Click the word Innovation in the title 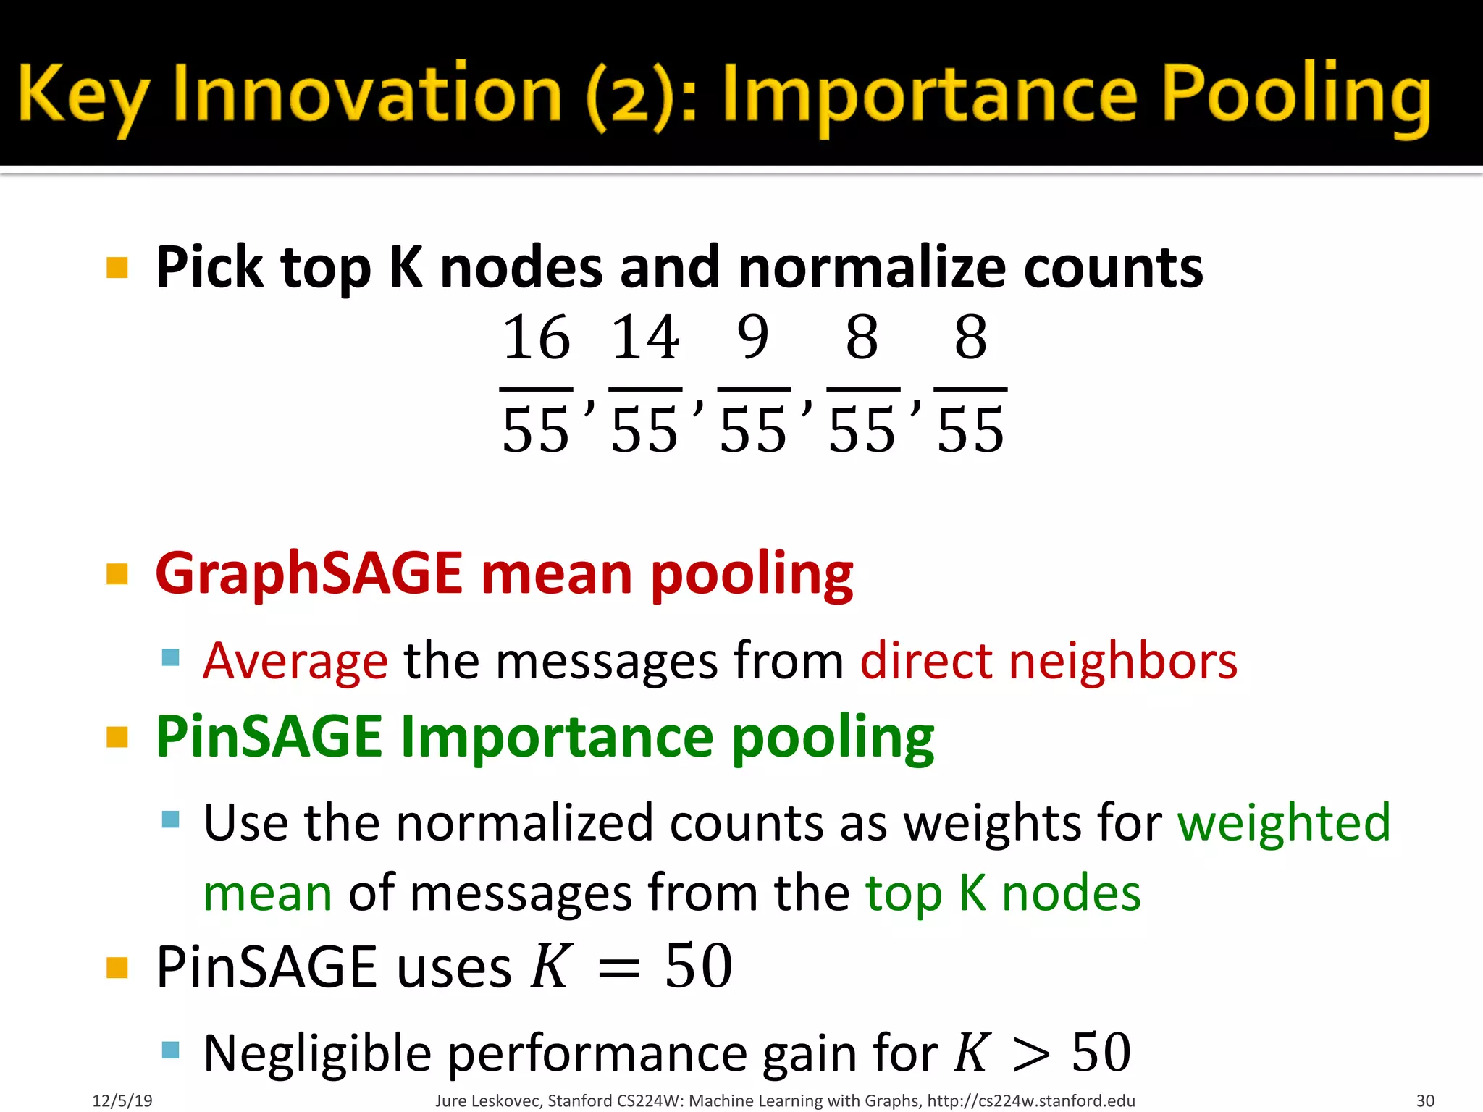pyautogui.click(x=368, y=94)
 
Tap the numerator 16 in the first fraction pyautogui.click(x=536, y=337)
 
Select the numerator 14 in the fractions pyautogui.click(x=644, y=337)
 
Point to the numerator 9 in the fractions pyautogui.click(x=753, y=337)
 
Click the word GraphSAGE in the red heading pyautogui.click(x=309, y=573)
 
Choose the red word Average pyautogui.click(x=295, y=661)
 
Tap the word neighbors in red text pyautogui.click(x=1123, y=661)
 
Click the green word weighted pyautogui.click(x=1284, y=823)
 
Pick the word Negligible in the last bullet pyautogui.click(x=318, y=1053)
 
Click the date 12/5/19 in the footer pyautogui.click(x=122, y=1101)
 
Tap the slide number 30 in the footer pyautogui.click(x=1425, y=1101)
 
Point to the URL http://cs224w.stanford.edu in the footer pyautogui.click(x=1031, y=1101)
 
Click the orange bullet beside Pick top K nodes pyautogui.click(x=117, y=268)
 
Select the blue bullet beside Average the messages pyautogui.click(x=170, y=657)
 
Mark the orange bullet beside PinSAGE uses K pyautogui.click(x=117, y=967)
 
